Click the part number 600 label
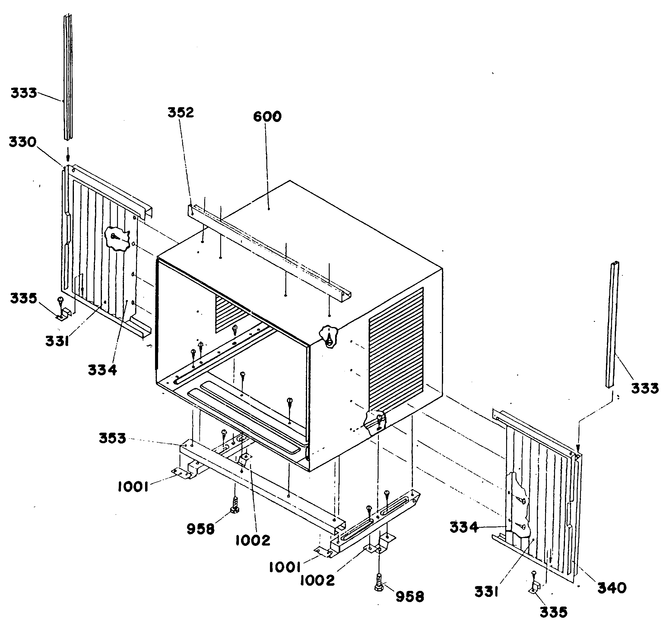[267, 117]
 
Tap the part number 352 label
[181, 113]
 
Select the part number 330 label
[22, 142]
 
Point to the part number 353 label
[112, 438]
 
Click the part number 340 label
[612, 588]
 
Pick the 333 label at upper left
[24, 93]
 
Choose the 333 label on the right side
[645, 388]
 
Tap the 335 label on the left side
[23, 298]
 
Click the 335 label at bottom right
[553, 612]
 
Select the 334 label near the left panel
[102, 370]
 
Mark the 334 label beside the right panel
[464, 527]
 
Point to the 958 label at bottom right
[410, 597]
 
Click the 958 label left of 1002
[200, 529]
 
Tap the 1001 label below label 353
[133, 487]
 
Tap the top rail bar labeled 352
[268, 252]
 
